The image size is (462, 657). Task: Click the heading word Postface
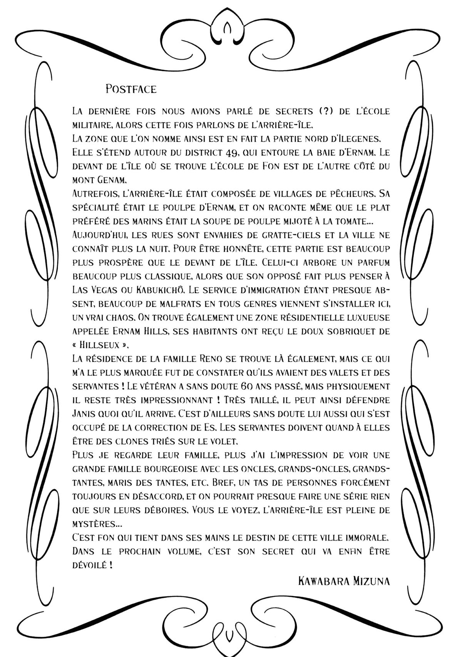point(131,89)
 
